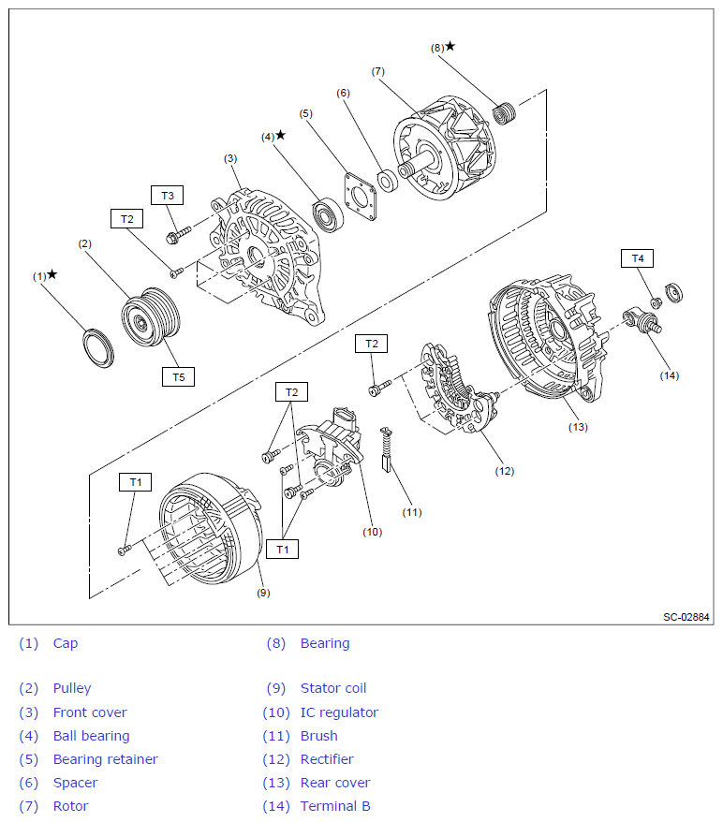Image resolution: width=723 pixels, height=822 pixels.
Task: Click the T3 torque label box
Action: (x=168, y=196)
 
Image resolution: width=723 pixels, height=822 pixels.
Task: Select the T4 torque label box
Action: (x=638, y=257)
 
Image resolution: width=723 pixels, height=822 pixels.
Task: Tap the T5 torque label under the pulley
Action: (x=178, y=377)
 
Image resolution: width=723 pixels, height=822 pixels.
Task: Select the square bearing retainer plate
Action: (x=360, y=195)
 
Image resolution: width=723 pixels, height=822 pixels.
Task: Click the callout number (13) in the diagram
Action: (x=578, y=427)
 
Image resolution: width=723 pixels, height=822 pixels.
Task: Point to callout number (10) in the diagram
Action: (x=372, y=532)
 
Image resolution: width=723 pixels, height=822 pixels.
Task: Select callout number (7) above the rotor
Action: (x=377, y=71)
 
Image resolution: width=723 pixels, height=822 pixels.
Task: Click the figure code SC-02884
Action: (x=686, y=617)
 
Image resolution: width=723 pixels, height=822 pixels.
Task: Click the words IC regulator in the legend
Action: (x=339, y=712)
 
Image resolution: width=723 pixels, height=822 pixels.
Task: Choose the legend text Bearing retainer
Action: (x=105, y=759)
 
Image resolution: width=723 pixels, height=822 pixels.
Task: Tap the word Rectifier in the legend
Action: (x=327, y=759)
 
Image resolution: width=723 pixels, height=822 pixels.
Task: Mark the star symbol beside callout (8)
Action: (x=450, y=46)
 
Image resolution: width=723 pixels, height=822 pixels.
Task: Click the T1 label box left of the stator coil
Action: (x=136, y=482)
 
